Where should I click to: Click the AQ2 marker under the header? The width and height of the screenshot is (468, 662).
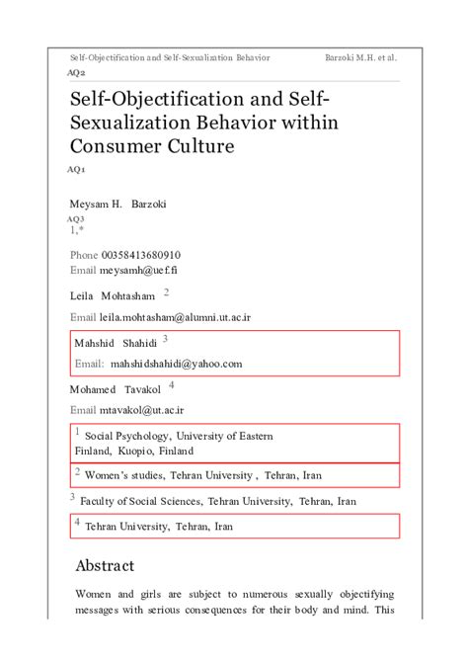click(x=76, y=73)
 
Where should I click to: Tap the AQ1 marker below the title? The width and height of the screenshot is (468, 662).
click(x=76, y=170)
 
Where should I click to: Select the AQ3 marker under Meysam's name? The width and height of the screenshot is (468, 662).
click(x=76, y=218)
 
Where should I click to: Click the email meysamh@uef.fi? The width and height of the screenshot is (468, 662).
click(x=138, y=270)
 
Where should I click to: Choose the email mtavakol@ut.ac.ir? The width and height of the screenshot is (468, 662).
click(x=142, y=409)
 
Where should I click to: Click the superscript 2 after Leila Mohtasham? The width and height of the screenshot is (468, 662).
click(x=166, y=292)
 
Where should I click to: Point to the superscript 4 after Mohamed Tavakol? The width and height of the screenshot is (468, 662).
click(x=171, y=385)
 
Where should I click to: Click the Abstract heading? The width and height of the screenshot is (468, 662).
click(x=105, y=566)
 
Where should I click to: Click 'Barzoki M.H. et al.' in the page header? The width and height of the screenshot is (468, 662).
click(x=360, y=57)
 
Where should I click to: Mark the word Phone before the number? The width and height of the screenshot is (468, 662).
click(x=84, y=255)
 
